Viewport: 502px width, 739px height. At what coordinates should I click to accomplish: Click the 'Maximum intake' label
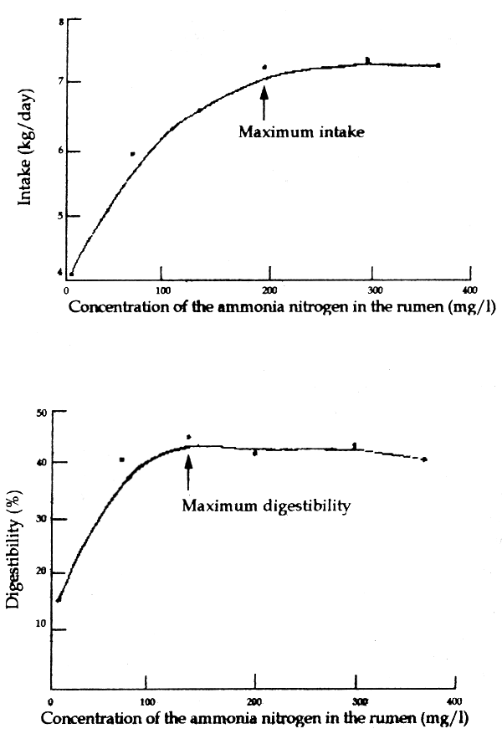pyautogui.click(x=301, y=131)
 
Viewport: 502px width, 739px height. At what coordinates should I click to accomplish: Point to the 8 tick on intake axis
pyautogui.click(x=61, y=19)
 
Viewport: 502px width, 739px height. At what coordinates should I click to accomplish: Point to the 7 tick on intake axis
pyautogui.click(x=61, y=81)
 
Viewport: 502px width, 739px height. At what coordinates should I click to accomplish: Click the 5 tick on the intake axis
pyautogui.click(x=61, y=216)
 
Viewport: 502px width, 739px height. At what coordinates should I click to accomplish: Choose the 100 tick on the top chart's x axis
pyautogui.click(x=161, y=290)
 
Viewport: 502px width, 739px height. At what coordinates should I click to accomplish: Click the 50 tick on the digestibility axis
pyautogui.click(x=40, y=412)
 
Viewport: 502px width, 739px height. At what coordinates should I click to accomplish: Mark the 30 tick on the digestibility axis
pyautogui.click(x=40, y=519)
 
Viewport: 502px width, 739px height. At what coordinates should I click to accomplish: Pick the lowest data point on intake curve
pyautogui.click(x=71, y=274)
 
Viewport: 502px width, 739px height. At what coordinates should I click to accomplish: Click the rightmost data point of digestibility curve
pyautogui.click(x=424, y=459)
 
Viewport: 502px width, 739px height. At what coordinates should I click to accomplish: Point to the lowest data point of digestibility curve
pyautogui.click(x=59, y=599)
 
